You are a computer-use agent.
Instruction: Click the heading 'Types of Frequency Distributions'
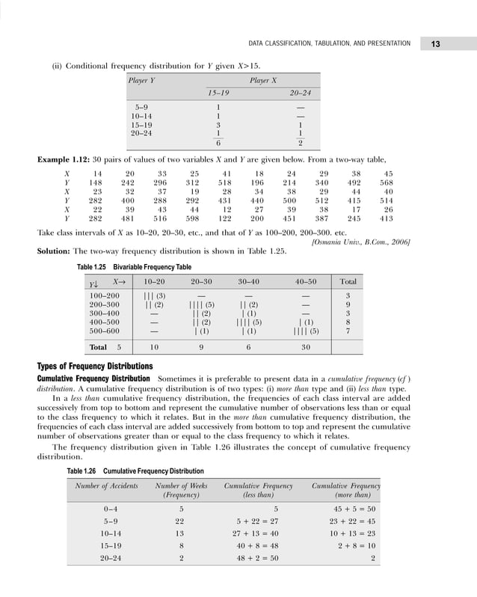pos(95,366)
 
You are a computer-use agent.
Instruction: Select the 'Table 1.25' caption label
pos(93,266)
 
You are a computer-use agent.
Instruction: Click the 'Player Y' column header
pos(143,78)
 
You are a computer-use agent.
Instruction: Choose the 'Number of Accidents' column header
pos(107,487)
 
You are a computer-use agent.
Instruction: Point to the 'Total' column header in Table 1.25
pos(348,282)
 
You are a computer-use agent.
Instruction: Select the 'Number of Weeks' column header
pos(180,487)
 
